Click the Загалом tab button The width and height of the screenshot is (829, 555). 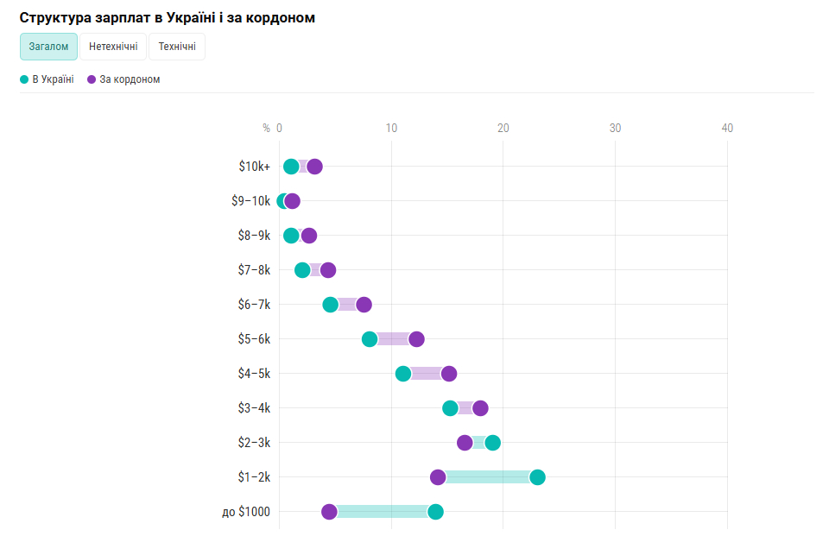coord(48,47)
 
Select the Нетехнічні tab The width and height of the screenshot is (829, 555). coord(113,47)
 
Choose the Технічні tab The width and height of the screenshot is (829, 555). coord(177,47)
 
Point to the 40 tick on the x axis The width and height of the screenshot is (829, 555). coord(727,128)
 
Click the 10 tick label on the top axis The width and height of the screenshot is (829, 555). coord(391,128)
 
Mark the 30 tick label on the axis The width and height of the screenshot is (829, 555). coord(615,128)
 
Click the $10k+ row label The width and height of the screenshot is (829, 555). coord(254,167)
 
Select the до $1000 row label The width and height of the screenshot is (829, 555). coord(246,512)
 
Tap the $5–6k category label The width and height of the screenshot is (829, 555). coord(254,339)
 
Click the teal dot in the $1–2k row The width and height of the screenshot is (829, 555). coord(537,477)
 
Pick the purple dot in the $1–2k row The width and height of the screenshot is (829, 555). coord(438,477)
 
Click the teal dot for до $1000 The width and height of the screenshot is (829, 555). coord(435,512)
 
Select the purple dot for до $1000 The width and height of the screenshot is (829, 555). coord(329,512)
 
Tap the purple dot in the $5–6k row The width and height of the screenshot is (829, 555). coord(416,339)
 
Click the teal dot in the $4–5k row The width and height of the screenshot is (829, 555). coord(403,374)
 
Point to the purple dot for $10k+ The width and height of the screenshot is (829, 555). coord(314,167)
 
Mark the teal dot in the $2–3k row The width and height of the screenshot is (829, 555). coord(492,443)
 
